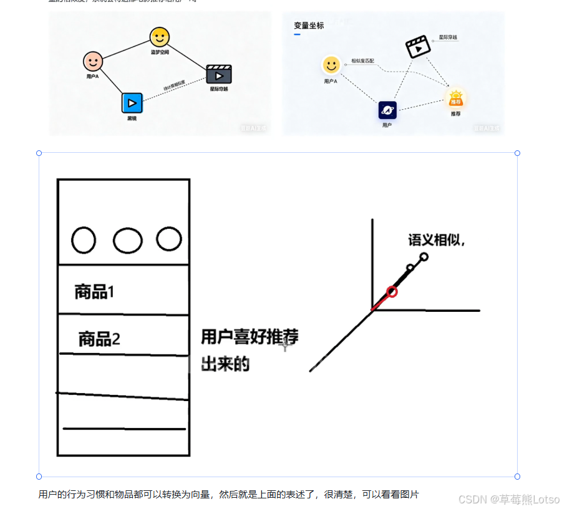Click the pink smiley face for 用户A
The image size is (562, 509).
pyautogui.click(x=93, y=61)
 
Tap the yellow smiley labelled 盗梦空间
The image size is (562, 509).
pyautogui.click(x=160, y=37)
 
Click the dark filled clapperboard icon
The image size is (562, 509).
pyautogui.click(x=219, y=74)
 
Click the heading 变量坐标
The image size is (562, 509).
pyautogui.click(x=309, y=26)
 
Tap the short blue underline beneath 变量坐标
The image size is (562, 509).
pyautogui.click(x=297, y=34)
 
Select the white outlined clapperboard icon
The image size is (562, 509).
pyautogui.click(x=418, y=47)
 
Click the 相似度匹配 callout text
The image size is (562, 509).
pyautogui.click(x=362, y=61)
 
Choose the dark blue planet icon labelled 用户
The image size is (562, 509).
pyautogui.click(x=387, y=110)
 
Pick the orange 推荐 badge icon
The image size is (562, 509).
pyautogui.click(x=456, y=99)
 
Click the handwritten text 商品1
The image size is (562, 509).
pyautogui.click(x=94, y=291)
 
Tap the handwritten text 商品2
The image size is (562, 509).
pyautogui.click(x=99, y=339)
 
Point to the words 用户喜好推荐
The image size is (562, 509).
pyautogui.click(x=249, y=337)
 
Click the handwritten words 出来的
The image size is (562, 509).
pyautogui.click(x=225, y=364)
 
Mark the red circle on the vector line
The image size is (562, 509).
pyautogui.click(x=392, y=291)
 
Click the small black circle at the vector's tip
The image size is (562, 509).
pyautogui.click(x=424, y=256)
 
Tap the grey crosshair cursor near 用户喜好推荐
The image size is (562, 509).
pyautogui.click(x=285, y=344)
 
